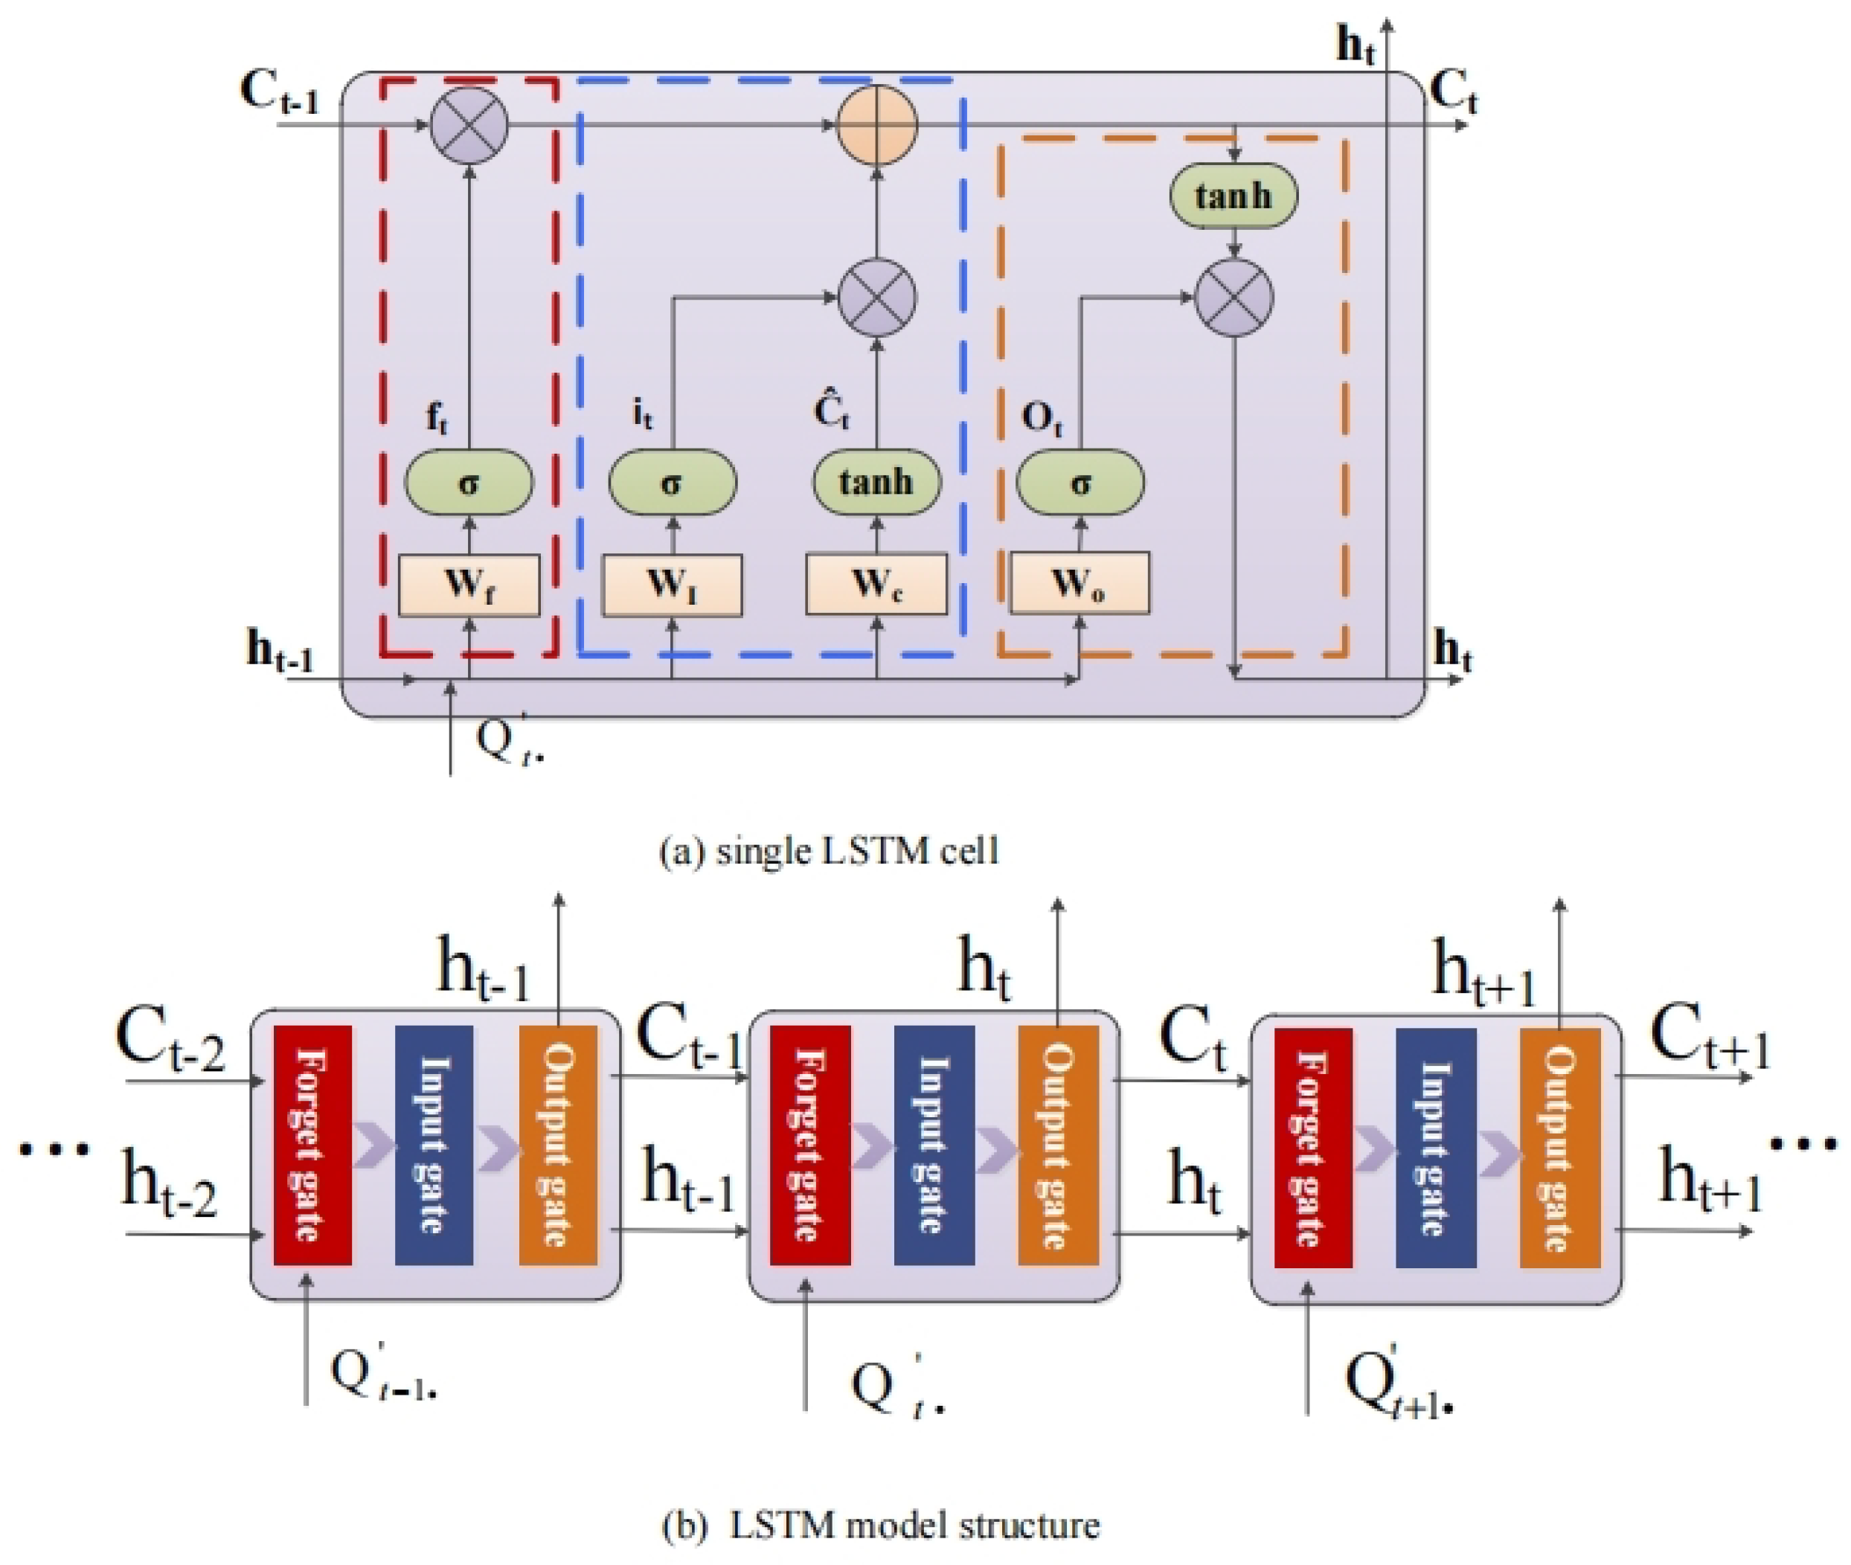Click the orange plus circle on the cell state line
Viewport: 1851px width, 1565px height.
[876, 125]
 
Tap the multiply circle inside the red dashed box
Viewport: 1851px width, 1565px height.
[469, 125]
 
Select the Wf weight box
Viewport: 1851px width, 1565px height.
[469, 585]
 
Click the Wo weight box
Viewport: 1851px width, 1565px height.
[1080, 583]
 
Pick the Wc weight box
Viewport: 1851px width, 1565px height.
[876, 584]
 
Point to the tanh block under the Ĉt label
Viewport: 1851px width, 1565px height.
[876, 483]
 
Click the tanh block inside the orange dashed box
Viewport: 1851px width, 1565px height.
[1234, 195]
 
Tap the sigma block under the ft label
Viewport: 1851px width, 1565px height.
[469, 483]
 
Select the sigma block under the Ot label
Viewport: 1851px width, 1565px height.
[1080, 483]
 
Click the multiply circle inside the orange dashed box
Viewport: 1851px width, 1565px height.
[1234, 298]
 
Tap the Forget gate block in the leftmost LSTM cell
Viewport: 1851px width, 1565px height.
[312, 1145]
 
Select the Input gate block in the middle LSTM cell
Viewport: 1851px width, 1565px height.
[934, 1145]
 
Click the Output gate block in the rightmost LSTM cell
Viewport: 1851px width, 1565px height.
[1559, 1147]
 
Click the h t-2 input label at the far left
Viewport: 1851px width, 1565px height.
[169, 1183]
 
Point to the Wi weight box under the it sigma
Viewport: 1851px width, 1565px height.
[672, 585]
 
